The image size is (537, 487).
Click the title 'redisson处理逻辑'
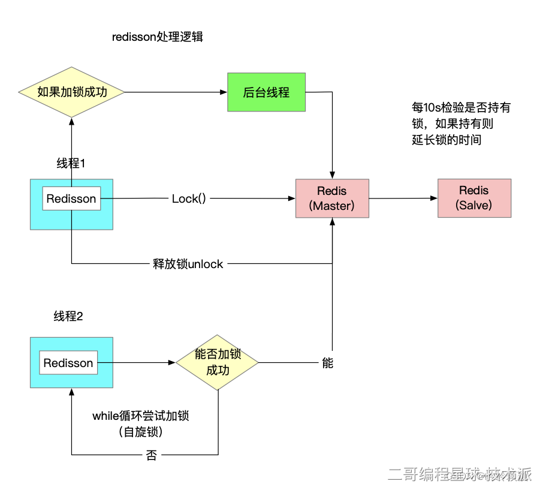[158, 37]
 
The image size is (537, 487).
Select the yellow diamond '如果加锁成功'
[72, 92]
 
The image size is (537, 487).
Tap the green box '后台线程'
[266, 92]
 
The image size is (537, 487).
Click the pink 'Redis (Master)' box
[332, 198]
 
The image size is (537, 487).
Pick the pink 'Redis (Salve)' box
[474, 197]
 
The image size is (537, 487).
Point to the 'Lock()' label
[189, 199]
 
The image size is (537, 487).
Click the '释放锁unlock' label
[188, 264]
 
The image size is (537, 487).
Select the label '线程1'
[71, 164]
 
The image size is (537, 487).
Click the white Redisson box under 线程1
[71, 199]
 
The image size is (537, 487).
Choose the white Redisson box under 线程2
[68, 363]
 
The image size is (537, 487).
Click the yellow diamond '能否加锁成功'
[217, 362]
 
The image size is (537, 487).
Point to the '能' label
[327, 363]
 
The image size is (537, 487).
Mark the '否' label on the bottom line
[152, 455]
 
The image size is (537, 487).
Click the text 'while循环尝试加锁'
[144, 416]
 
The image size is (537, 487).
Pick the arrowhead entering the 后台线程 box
[224, 92]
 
